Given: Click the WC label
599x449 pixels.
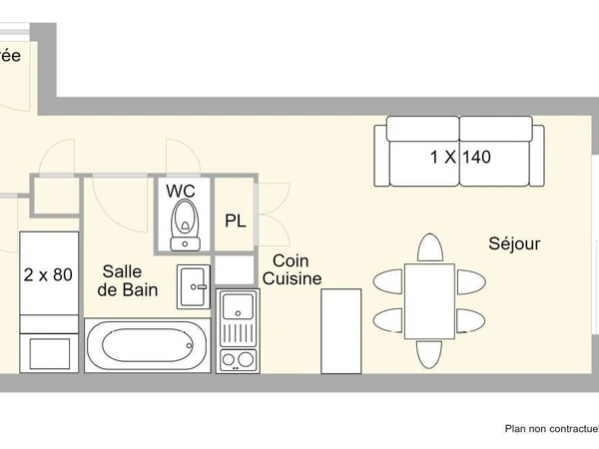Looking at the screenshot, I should point(181,190).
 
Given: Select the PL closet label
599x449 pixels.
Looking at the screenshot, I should point(236,221).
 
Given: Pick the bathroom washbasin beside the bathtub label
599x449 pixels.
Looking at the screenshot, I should point(194,287).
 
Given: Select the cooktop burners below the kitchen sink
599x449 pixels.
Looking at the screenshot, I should point(238,357).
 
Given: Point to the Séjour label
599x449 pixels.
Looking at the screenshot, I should point(514,243).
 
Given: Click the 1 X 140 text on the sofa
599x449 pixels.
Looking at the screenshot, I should point(460,157).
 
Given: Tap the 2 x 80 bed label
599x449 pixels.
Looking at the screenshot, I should point(47,275).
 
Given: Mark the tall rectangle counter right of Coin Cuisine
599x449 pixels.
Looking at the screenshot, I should point(341,330).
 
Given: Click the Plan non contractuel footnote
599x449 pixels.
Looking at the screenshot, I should point(550,429).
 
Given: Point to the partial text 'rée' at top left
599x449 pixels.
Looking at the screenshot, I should point(10,56).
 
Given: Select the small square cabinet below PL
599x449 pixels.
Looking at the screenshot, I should point(236,269).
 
